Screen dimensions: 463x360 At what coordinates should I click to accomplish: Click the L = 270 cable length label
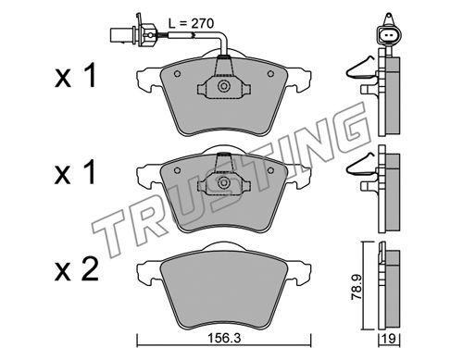191,23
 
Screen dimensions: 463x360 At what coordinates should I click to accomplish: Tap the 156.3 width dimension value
224,339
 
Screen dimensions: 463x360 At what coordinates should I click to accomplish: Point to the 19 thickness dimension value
390,339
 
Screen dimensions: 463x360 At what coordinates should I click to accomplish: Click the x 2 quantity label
76,269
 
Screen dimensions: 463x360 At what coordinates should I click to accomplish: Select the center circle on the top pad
223,86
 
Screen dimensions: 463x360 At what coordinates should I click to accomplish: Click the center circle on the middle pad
223,182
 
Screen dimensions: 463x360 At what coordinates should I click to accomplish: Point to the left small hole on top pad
177,74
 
